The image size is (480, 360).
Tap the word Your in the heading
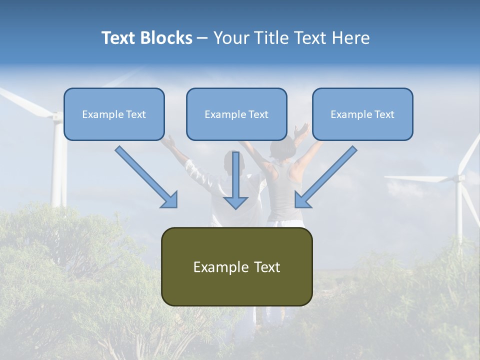pos(230,38)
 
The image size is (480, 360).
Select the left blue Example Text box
pos(114,114)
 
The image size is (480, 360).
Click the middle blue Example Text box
pos(236,114)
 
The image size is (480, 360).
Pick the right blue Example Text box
pos(362,114)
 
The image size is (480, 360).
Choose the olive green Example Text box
pos(236,266)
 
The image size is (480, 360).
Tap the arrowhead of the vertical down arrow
pos(235,202)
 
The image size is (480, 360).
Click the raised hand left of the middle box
pos(169,143)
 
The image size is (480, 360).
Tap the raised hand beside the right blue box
pos(302,131)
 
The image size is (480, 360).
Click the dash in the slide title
pos(202,38)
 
